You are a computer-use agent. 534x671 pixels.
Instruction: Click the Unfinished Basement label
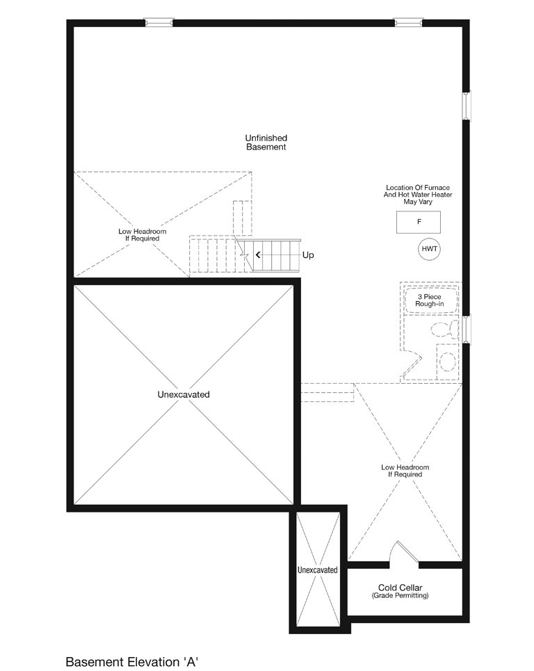pyautogui.click(x=266, y=143)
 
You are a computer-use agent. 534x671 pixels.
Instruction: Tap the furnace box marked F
pyautogui.click(x=418, y=222)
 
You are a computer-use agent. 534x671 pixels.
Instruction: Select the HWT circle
pyautogui.click(x=429, y=249)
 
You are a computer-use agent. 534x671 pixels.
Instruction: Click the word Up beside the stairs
pyautogui.click(x=308, y=255)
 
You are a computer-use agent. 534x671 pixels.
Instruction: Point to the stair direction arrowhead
pyautogui.click(x=258, y=255)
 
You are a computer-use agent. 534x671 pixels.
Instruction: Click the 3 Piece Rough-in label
pyautogui.click(x=429, y=300)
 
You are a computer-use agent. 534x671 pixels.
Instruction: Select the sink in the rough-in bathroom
pyautogui.click(x=447, y=361)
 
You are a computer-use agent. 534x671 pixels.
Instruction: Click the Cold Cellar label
pyautogui.click(x=400, y=588)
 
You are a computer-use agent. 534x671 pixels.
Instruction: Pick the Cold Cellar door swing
pyautogui.click(x=405, y=552)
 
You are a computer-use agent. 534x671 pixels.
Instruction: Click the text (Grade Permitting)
pyautogui.click(x=400, y=595)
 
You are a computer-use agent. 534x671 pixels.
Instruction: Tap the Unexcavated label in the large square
pyautogui.click(x=184, y=394)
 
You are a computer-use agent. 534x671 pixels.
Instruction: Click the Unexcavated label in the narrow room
pyautogui.click(x=318, y=570)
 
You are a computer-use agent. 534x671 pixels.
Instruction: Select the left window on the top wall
pyautogui.click(x=159, y=22)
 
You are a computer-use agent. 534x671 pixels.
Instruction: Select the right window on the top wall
pyautogui.click(x=408, y=22)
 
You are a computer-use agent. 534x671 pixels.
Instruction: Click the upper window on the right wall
pyautogui.click(x=467, y=106)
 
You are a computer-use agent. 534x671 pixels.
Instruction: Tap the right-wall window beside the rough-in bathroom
pyautogui.click(x=467, y=330)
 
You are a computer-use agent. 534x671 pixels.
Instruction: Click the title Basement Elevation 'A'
pyautogui.click(x=132, y=661)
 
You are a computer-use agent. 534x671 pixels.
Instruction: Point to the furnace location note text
pyautogui.click(x=418, y=195)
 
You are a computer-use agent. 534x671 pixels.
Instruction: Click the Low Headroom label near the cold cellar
pyautogui.click(x=405, y=471)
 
